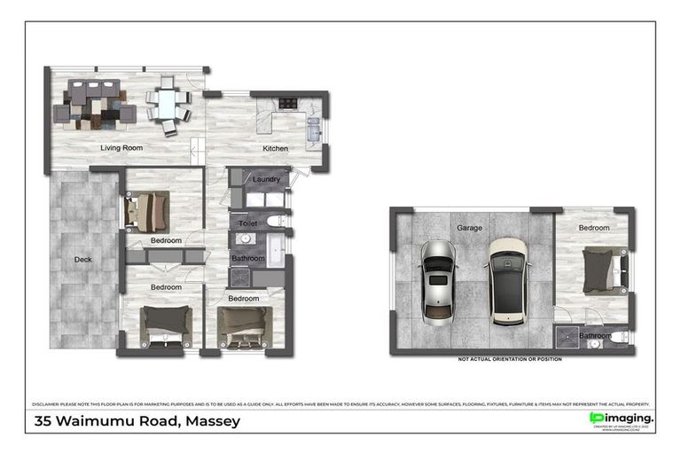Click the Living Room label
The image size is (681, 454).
pos(121,148)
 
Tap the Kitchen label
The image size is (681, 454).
pos(276,148)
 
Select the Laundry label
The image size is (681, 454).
pos(267,179)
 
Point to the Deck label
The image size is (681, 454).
pos(83,260)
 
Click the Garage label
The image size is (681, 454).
pos(470,228)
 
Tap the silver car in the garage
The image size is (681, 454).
pos(438,281)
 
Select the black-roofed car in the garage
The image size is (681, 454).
pos(506,278)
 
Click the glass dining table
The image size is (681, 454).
pos(168,104)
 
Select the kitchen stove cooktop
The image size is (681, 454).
pos(287,104)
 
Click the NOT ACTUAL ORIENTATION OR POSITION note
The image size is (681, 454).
pos(510,359)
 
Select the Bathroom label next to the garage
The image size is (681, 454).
pos(595,336)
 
